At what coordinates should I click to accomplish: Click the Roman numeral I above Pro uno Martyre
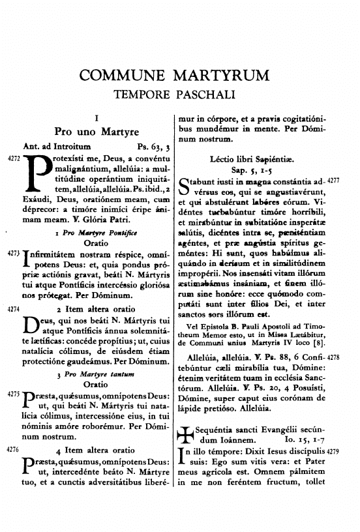96,119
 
